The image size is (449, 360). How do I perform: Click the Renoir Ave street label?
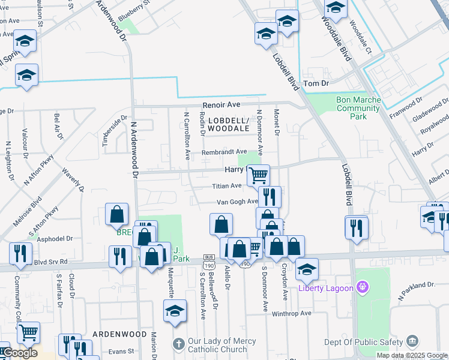pos(221,104)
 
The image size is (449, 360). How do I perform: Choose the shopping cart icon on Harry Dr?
pos(258,175)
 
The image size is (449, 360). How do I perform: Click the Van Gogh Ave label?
pos(237,202)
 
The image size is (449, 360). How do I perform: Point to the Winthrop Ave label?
pos(291,313)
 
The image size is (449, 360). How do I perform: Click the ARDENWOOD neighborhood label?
pos(120,334)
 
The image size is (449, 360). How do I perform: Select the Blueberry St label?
pos(133,12)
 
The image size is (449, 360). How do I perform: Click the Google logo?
pos(20,353)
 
